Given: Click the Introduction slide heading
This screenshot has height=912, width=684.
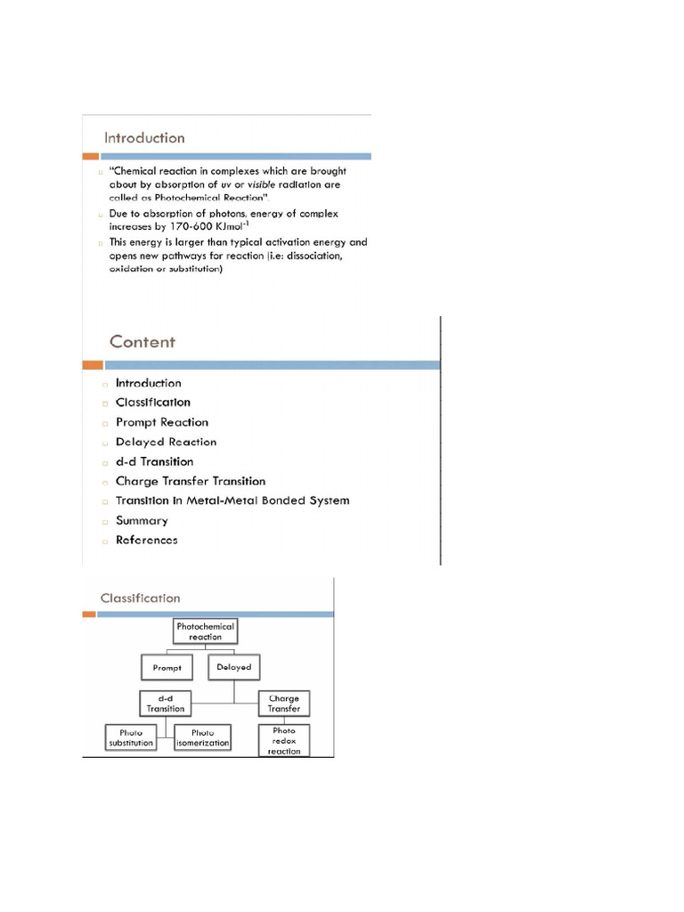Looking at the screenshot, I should [x=144, y=138].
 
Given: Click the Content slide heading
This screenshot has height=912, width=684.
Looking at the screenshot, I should [x=142, y=342].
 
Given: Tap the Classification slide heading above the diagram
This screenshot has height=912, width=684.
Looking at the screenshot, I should [x=140, y=598].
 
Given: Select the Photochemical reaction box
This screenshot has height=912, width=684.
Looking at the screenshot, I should [x=206, y=631].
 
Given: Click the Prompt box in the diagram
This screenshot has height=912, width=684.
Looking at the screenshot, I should [x=167, y=667].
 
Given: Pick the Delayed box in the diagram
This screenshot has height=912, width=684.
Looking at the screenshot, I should [x=233, y=667].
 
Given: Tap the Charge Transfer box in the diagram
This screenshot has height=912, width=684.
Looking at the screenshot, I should [x=284, y=704].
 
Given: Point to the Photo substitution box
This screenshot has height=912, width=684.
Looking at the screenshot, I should [x=131, y=737].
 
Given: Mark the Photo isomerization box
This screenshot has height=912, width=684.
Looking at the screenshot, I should [x=203, y=737].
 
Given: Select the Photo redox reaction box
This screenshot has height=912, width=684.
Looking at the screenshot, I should [x=284, y=741].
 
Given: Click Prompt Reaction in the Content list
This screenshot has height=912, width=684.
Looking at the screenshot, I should [x=161, y=422].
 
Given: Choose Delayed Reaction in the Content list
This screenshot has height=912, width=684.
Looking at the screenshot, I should [x=166, y=442].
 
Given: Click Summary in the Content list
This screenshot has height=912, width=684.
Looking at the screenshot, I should [x=142, y=520].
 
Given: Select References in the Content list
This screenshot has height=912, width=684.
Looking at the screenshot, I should [x=146, y=540].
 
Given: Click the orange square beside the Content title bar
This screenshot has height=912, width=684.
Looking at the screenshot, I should [x=93, y=365].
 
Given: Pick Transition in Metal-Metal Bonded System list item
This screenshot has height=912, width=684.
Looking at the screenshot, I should [x=232, y=501].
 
